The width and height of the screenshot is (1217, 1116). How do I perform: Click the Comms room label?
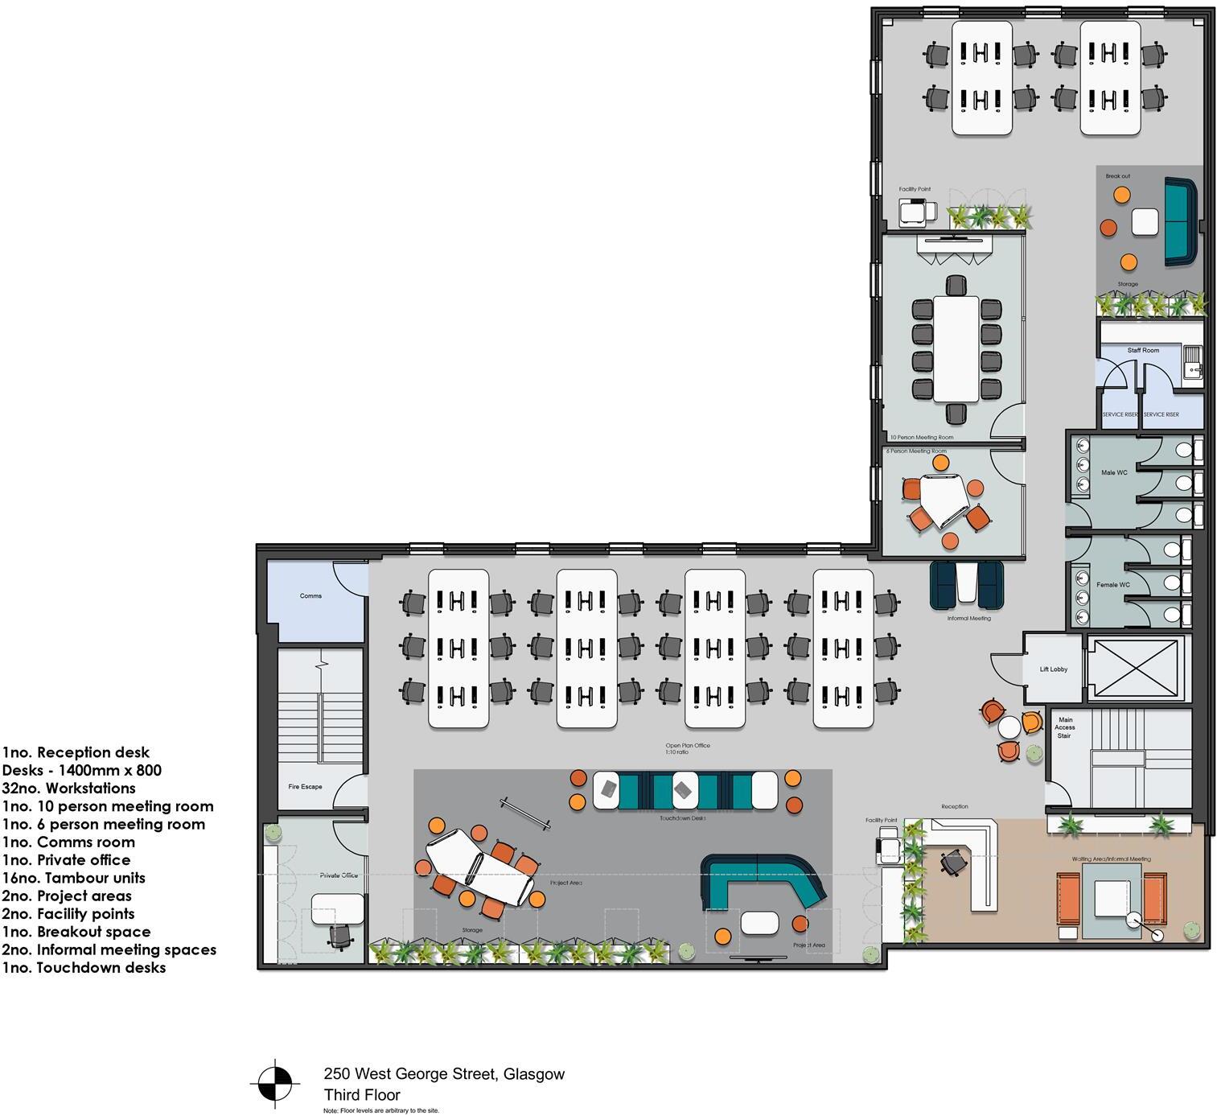(x=310, y=596)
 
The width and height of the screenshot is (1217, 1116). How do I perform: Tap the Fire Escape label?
(x=305, y=787)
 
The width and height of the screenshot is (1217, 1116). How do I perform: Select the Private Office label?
(x=338, y=875)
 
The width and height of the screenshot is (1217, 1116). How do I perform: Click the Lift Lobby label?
(x=1053, y=669)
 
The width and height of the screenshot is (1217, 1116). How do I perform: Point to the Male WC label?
(x=1114, y=473)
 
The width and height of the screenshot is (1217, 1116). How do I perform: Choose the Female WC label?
(x=1113, y=585)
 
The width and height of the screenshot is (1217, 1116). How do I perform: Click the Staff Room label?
(x=1142, y=351)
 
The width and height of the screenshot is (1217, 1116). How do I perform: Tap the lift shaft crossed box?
(x=1135, y=667)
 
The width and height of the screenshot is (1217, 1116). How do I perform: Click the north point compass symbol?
(x=275, y=1084)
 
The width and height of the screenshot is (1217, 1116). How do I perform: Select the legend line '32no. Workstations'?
(x=68, y=789)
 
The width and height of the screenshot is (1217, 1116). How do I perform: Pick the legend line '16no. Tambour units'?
(x=73, y=878)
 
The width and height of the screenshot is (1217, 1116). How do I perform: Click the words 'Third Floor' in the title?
(x=361, y=1094)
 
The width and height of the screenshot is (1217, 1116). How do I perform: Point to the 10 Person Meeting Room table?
(x=956, y=349)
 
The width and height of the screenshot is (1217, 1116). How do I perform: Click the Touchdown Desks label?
(x=682, y=818)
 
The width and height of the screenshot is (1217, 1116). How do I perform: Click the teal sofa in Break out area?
(x=1180, y=223)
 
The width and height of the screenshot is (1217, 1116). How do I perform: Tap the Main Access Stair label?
(x=1064, y=727)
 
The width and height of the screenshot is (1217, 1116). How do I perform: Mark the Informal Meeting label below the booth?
(x=968, y=619)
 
